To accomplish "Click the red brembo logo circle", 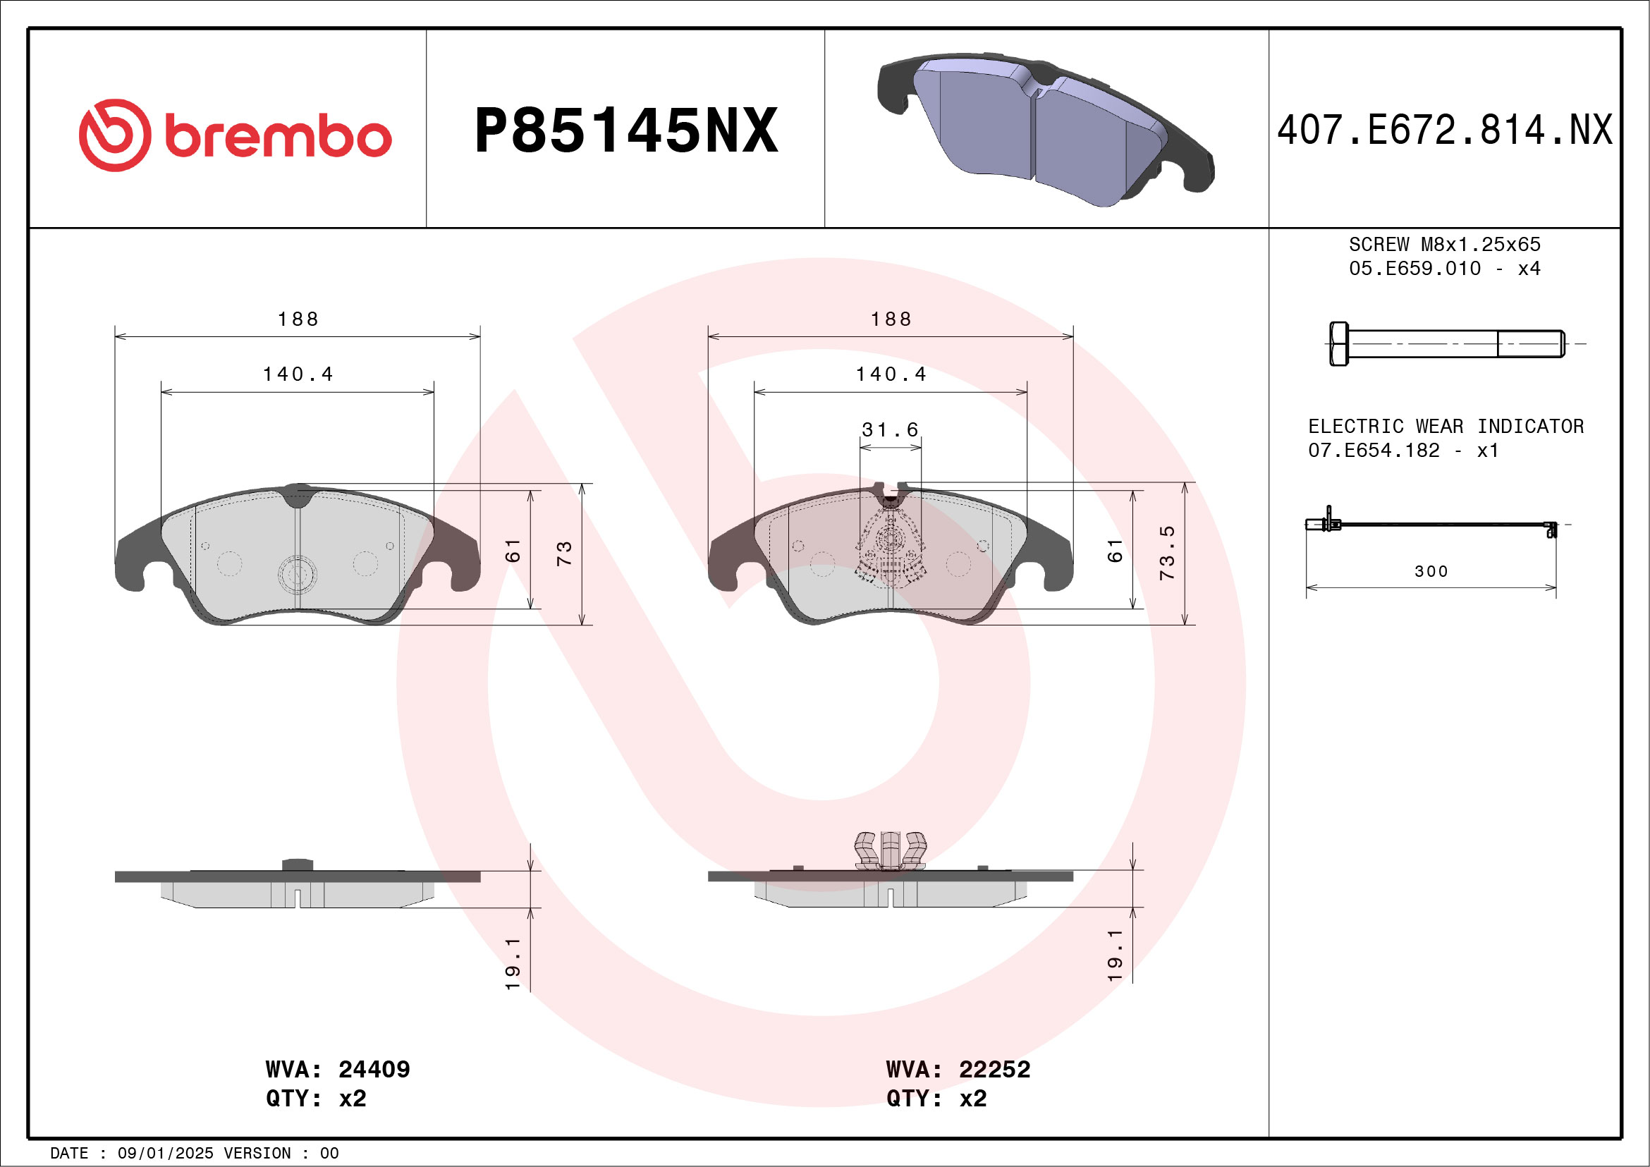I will pos(115,135).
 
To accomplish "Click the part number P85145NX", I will pos(626,130).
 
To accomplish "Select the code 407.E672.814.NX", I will pos(1445,130).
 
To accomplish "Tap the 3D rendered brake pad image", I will pos(1045,129).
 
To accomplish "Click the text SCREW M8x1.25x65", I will pos(1445,244).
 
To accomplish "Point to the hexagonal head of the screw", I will pos(1339,344).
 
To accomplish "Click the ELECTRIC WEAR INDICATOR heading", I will pos(1446,426).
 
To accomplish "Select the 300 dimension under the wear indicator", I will pos(1431,571).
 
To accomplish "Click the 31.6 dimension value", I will pos(891,429).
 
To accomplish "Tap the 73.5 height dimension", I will pos(1167,553).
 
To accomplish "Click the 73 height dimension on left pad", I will pos(564,553).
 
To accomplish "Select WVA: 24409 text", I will pos(338,1069).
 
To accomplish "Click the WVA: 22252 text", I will pos(958,1069).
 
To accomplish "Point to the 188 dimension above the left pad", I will pos(298,319).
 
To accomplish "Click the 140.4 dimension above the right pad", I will pos(891,374).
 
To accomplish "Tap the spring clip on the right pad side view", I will pos(890,850).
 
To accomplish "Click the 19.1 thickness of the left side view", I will pos(513,963).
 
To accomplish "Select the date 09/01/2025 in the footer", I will pos(165,1154).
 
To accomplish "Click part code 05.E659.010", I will pos(1414,269).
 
